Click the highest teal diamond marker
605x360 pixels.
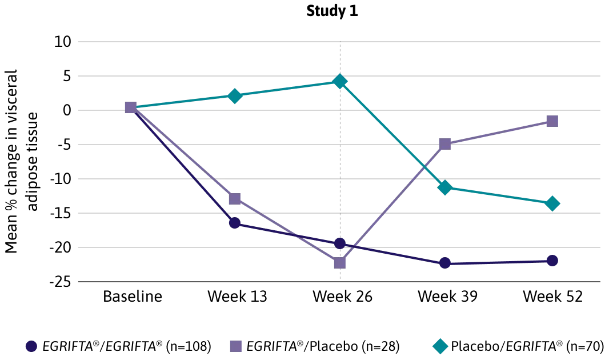340,82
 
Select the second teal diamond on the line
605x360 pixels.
234,96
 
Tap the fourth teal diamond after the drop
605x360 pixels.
445,188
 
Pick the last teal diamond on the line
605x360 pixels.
552,203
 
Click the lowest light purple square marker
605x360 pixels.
340,262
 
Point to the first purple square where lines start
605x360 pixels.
130,107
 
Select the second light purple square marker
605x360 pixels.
235,199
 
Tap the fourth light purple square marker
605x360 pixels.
445,144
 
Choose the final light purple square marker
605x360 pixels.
554,121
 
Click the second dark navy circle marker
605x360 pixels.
234,223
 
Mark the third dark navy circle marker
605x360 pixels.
340,244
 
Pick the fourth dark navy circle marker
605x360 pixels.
445,263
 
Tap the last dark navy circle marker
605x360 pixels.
552,261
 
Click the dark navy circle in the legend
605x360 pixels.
31,346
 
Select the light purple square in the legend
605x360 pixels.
235,345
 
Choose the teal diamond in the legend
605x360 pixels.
440,346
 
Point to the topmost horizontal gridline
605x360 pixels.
229,43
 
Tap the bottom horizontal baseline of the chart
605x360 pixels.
229,281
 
